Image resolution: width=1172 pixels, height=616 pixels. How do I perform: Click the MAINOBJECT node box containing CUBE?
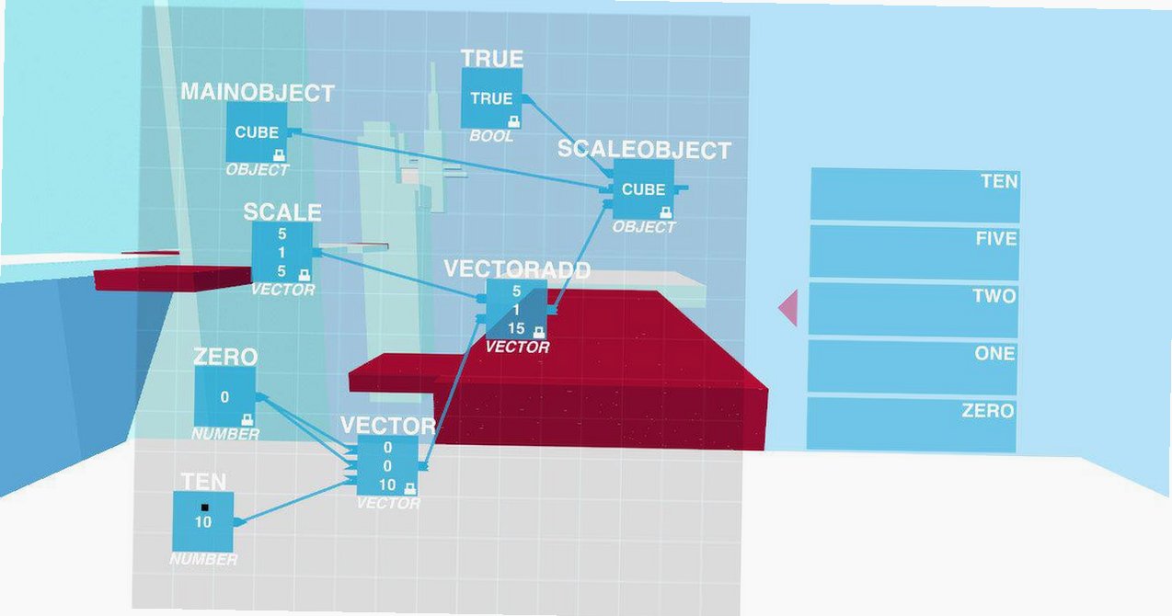(257, 131)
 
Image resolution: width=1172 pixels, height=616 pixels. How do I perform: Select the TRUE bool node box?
(491, 98)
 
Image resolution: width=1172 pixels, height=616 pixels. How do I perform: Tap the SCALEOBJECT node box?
(644, 189)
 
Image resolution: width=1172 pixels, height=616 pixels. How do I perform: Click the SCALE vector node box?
(282, 252)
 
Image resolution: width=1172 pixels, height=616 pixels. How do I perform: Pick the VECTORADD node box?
(517, 310)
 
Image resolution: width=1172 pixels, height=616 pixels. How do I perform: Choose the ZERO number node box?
(225, 396)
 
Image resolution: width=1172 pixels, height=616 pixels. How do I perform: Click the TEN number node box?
(203, 521)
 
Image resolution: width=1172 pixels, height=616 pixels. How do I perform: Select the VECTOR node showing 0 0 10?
(387, 465)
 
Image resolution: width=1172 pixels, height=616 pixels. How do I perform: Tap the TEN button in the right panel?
(915, 195)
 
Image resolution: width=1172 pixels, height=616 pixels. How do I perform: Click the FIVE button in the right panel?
(914, 253)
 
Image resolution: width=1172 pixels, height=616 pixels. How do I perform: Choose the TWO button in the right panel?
(913, 310)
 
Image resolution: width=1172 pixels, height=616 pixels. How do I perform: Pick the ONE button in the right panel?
(912, 367)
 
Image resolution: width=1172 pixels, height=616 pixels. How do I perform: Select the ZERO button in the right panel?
(911, 424)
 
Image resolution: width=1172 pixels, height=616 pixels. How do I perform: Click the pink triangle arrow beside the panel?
(790, 308)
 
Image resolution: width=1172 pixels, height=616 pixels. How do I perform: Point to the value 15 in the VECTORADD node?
(516, 328)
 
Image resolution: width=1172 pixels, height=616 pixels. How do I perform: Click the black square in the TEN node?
(204, 508)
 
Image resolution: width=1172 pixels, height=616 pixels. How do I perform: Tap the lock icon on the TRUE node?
(514, 122)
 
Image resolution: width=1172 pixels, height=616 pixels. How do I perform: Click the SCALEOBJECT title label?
(644, 150)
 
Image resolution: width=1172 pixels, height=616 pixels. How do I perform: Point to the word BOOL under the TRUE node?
(490, 136)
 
